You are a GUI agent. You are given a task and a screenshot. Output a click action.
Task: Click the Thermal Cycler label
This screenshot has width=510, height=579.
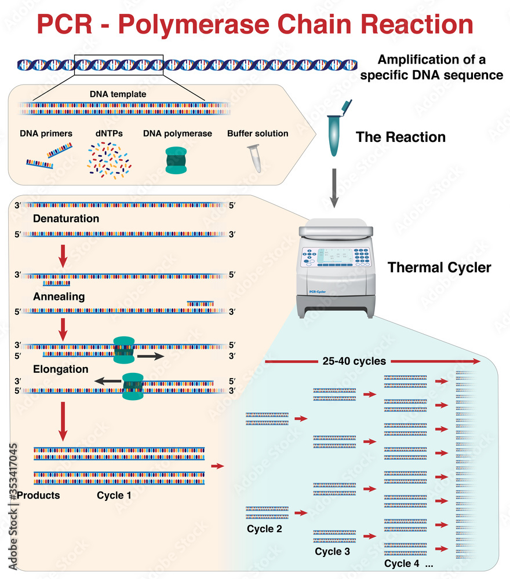point(439,267)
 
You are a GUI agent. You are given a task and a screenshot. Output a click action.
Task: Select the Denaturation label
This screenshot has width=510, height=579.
point(66,219)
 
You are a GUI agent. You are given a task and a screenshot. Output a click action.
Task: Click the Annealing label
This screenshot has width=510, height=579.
point(59,297)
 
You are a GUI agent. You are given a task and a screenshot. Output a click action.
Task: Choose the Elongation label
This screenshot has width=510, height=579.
point(61,369)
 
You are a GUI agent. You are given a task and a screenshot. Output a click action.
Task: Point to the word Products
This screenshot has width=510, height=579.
point(38,496)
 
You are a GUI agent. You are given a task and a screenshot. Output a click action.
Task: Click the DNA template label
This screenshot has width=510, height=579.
point(118,94)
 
